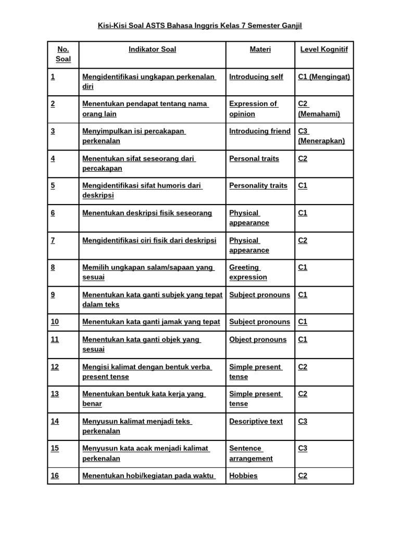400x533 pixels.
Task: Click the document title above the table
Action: pos(200,25)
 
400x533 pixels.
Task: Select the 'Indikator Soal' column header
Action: pos(152,49)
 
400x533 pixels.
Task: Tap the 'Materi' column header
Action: pos(260,49)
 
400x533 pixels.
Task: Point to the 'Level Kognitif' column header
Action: pos(324,49)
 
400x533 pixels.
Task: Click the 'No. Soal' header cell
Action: pos(63,54)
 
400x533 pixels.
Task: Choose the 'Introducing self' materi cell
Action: pos(256,77)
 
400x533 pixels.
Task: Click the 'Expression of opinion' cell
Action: pos(254,109)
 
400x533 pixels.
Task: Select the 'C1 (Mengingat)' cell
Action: pos(324,77)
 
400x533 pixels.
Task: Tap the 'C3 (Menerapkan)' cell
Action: pos(321,136)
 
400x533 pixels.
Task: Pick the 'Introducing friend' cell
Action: pos(260,131)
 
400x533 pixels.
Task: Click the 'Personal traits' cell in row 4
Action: pos(254,158)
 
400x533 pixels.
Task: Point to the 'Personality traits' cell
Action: pos(258,185)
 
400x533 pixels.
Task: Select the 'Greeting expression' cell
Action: pos(248,272)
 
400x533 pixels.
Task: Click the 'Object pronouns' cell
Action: pos(258,339)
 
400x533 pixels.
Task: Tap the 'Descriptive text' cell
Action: pos(256,421)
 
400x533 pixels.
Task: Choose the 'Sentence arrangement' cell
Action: pos(251,453)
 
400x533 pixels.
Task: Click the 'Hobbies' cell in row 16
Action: pos(243,476)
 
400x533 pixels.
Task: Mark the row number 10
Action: pos(55,322)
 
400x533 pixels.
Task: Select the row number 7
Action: pos(53,240)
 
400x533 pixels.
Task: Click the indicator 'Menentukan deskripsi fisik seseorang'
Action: pos(147,213)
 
